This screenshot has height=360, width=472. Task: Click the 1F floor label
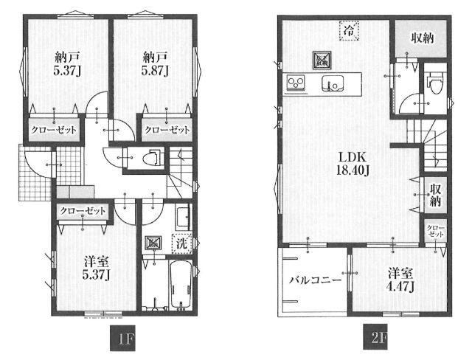pos(122,338)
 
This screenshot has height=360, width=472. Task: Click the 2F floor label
pos(375,336)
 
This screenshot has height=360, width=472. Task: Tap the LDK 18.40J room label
pos(353,164)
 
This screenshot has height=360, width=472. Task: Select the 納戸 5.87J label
pos(155,64)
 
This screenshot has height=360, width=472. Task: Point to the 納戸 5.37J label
pos(66,64)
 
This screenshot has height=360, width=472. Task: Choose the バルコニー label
pos(315,281)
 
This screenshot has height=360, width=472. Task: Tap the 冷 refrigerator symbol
pos(349,30)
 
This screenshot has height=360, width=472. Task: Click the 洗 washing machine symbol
pos(182,243)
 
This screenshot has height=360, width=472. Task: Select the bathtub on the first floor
pos(180,285)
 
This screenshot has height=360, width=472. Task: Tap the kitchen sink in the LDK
pos(333,83)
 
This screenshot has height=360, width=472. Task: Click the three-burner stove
pos(296,83)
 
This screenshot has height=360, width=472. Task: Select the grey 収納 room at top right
pos(420,38)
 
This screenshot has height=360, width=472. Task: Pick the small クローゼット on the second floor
pos(435,231)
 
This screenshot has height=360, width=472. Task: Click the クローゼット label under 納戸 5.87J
pos(167,130)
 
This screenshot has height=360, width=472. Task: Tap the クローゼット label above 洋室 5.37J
pos(83,211)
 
